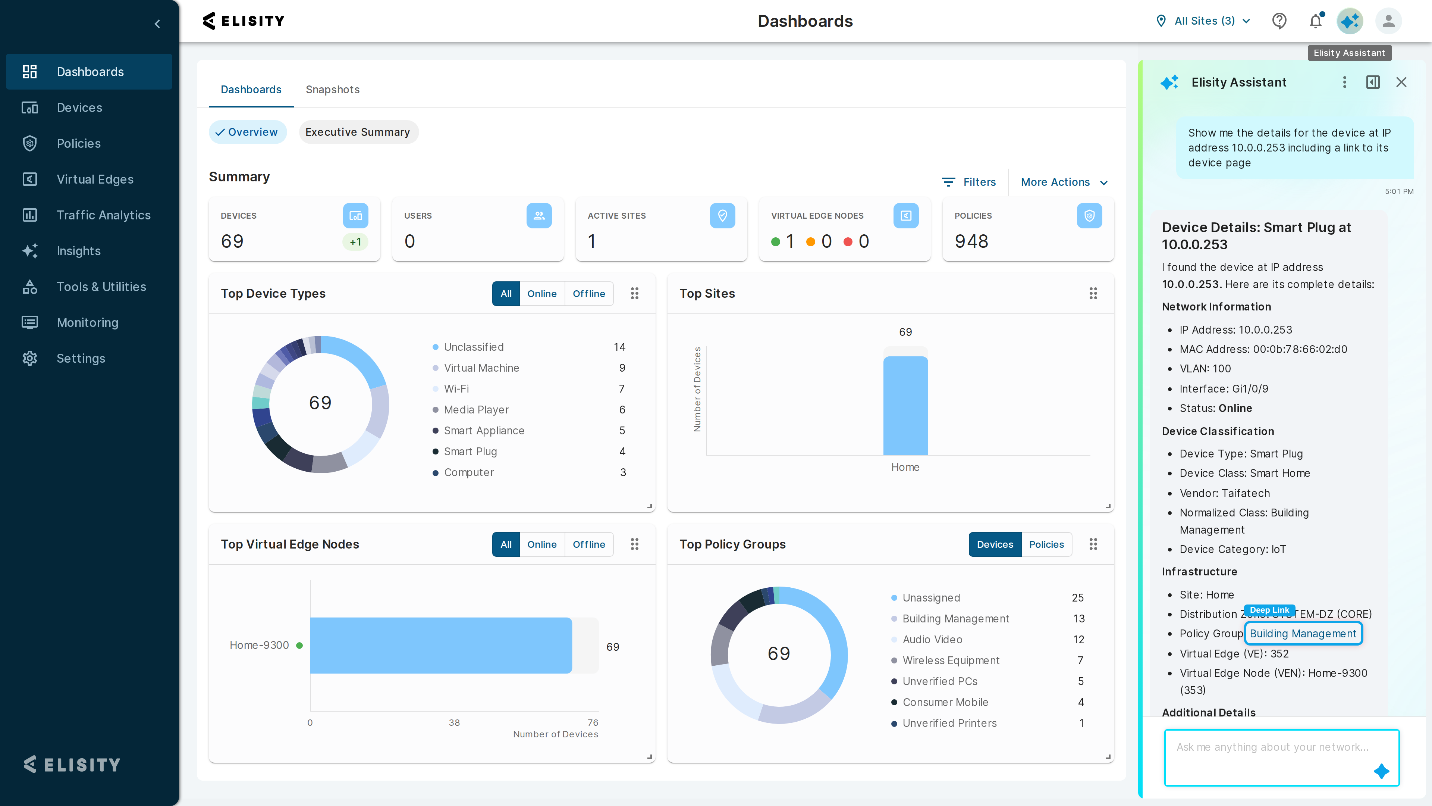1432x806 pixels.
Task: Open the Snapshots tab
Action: [332, 90]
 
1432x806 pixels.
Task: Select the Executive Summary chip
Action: [358, 132]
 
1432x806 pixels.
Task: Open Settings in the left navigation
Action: [81, 358]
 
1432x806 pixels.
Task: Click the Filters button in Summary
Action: [968, 182]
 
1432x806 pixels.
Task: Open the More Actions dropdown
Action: [1064, 182]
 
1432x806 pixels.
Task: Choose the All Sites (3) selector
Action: [1203, 21]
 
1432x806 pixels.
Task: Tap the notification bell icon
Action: [1315, 21]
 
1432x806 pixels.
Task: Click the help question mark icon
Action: [1279, 21]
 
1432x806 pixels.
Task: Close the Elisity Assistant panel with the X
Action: [1401, 82]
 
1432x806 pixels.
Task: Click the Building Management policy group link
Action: [1303, 634]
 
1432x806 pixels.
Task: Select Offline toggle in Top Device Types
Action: [589, 294]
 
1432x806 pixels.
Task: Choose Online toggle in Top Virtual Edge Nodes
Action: [541, 544]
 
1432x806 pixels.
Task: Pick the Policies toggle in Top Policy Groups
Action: [1046, 544]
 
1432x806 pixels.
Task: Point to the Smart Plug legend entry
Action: [470, 451]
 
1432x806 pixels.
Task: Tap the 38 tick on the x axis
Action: [454, 722]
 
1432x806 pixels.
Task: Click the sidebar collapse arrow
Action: [157, 24]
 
